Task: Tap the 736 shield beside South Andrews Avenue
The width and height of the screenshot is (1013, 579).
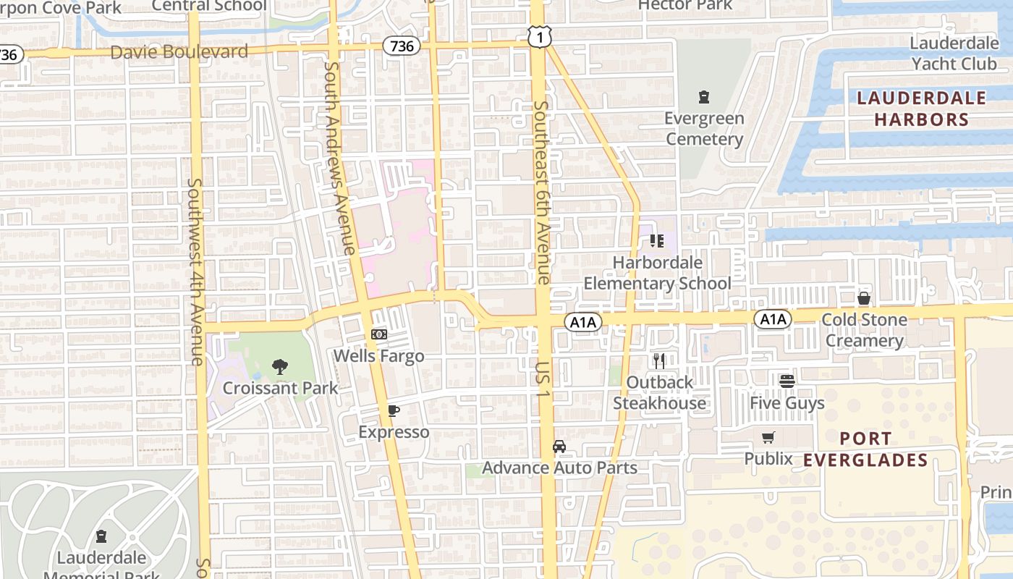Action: click(x=401, y=46)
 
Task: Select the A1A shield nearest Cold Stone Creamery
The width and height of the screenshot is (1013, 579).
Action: click(x=773, y=319)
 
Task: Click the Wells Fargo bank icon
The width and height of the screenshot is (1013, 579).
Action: click(x=378, y=334)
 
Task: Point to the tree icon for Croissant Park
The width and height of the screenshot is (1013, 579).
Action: click(x=280, y=367)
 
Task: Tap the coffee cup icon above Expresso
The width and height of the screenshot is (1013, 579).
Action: click(x=394, y=411)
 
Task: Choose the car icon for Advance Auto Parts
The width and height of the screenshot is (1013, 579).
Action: click(x=559, y=447)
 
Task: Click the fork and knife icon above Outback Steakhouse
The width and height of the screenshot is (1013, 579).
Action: click(x=659, y=360)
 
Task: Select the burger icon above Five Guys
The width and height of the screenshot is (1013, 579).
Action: click(x=787, y=381)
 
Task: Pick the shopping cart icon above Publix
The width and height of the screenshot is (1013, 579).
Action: click(x=768, y=437)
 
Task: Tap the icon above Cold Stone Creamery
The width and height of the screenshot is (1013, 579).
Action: click(x=863, y=298)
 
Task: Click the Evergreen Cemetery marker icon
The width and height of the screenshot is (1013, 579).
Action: click(x=703, y=97)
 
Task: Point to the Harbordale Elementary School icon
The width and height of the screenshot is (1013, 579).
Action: click(x=657, y=240)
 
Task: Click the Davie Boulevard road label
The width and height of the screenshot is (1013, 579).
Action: click(x=179, y=52)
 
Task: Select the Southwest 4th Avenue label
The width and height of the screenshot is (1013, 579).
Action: click(x=195, y=271)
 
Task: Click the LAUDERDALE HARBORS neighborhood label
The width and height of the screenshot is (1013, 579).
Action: click(x=921, y=109)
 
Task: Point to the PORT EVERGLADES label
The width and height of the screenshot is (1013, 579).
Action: click(x=865, y=449)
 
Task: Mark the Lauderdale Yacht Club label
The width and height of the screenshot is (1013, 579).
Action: click(x=954, y=54)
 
